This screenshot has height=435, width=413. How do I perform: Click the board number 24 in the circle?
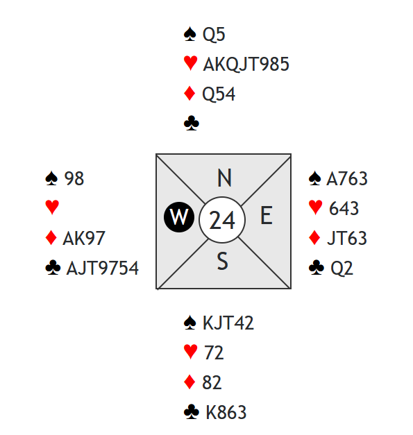[x=222, y=220]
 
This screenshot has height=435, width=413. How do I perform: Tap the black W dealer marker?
[x=179, y=217]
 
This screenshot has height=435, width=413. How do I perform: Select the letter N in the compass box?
[x=224, y=178]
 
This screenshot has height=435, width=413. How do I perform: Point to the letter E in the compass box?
[x=267, y=215]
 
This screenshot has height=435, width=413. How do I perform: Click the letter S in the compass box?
[x=223, y=261]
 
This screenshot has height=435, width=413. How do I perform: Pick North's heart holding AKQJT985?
[x=246, y=64]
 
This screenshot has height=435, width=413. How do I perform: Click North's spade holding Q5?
[x=214, y=35]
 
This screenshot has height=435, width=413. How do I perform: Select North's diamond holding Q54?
[x=219, y=94]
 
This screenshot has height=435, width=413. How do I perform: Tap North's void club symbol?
[x=192, y=123]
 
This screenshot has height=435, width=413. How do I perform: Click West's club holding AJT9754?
[x=103, y=268]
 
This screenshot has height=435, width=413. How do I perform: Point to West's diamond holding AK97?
[x=84, y=238]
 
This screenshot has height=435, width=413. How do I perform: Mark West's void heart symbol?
[x=52, y=207]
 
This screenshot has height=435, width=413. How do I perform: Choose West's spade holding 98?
[x=74, y=178]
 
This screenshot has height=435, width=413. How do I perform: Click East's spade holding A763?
[x=347, y=178]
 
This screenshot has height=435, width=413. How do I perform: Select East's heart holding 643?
[x=344, y=208]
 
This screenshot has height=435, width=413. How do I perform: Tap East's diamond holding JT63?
[x=347, y=238]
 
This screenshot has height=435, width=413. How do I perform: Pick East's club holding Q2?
[x=342, y=268]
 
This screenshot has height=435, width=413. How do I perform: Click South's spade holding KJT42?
[x=228, y=323]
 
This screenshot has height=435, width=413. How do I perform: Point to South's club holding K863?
[x=226, y=412]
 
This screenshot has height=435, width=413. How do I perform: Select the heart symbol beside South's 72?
[x=191, y=352]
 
